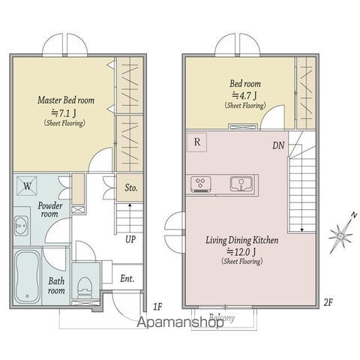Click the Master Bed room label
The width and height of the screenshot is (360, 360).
point(66,100)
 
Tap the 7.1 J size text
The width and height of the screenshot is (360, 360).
point(64,113)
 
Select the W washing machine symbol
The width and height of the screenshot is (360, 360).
point(27,186)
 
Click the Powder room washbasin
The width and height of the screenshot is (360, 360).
point(21,226)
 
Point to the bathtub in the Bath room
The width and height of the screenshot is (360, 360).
point(27,277)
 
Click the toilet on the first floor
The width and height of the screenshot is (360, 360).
point(85,288)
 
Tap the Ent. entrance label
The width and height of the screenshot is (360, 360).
point(127,278)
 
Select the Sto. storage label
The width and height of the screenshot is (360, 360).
point(131,187)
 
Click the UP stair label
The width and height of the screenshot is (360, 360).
point(130,239)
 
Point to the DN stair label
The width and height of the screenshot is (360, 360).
point(278,145)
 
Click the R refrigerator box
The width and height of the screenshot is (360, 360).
point(197,142)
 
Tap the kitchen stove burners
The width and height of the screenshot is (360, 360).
point(201,184)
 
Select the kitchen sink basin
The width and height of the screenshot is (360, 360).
point(241,184)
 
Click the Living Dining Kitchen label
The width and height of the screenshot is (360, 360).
point(242,240)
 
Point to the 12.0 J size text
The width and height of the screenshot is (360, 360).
point(241,252)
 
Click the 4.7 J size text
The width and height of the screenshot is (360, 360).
point(244,95)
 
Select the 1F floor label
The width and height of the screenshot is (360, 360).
point(157,307)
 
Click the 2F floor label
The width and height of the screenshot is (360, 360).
point(328,303)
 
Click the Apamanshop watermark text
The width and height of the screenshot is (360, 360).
point(180,322)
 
